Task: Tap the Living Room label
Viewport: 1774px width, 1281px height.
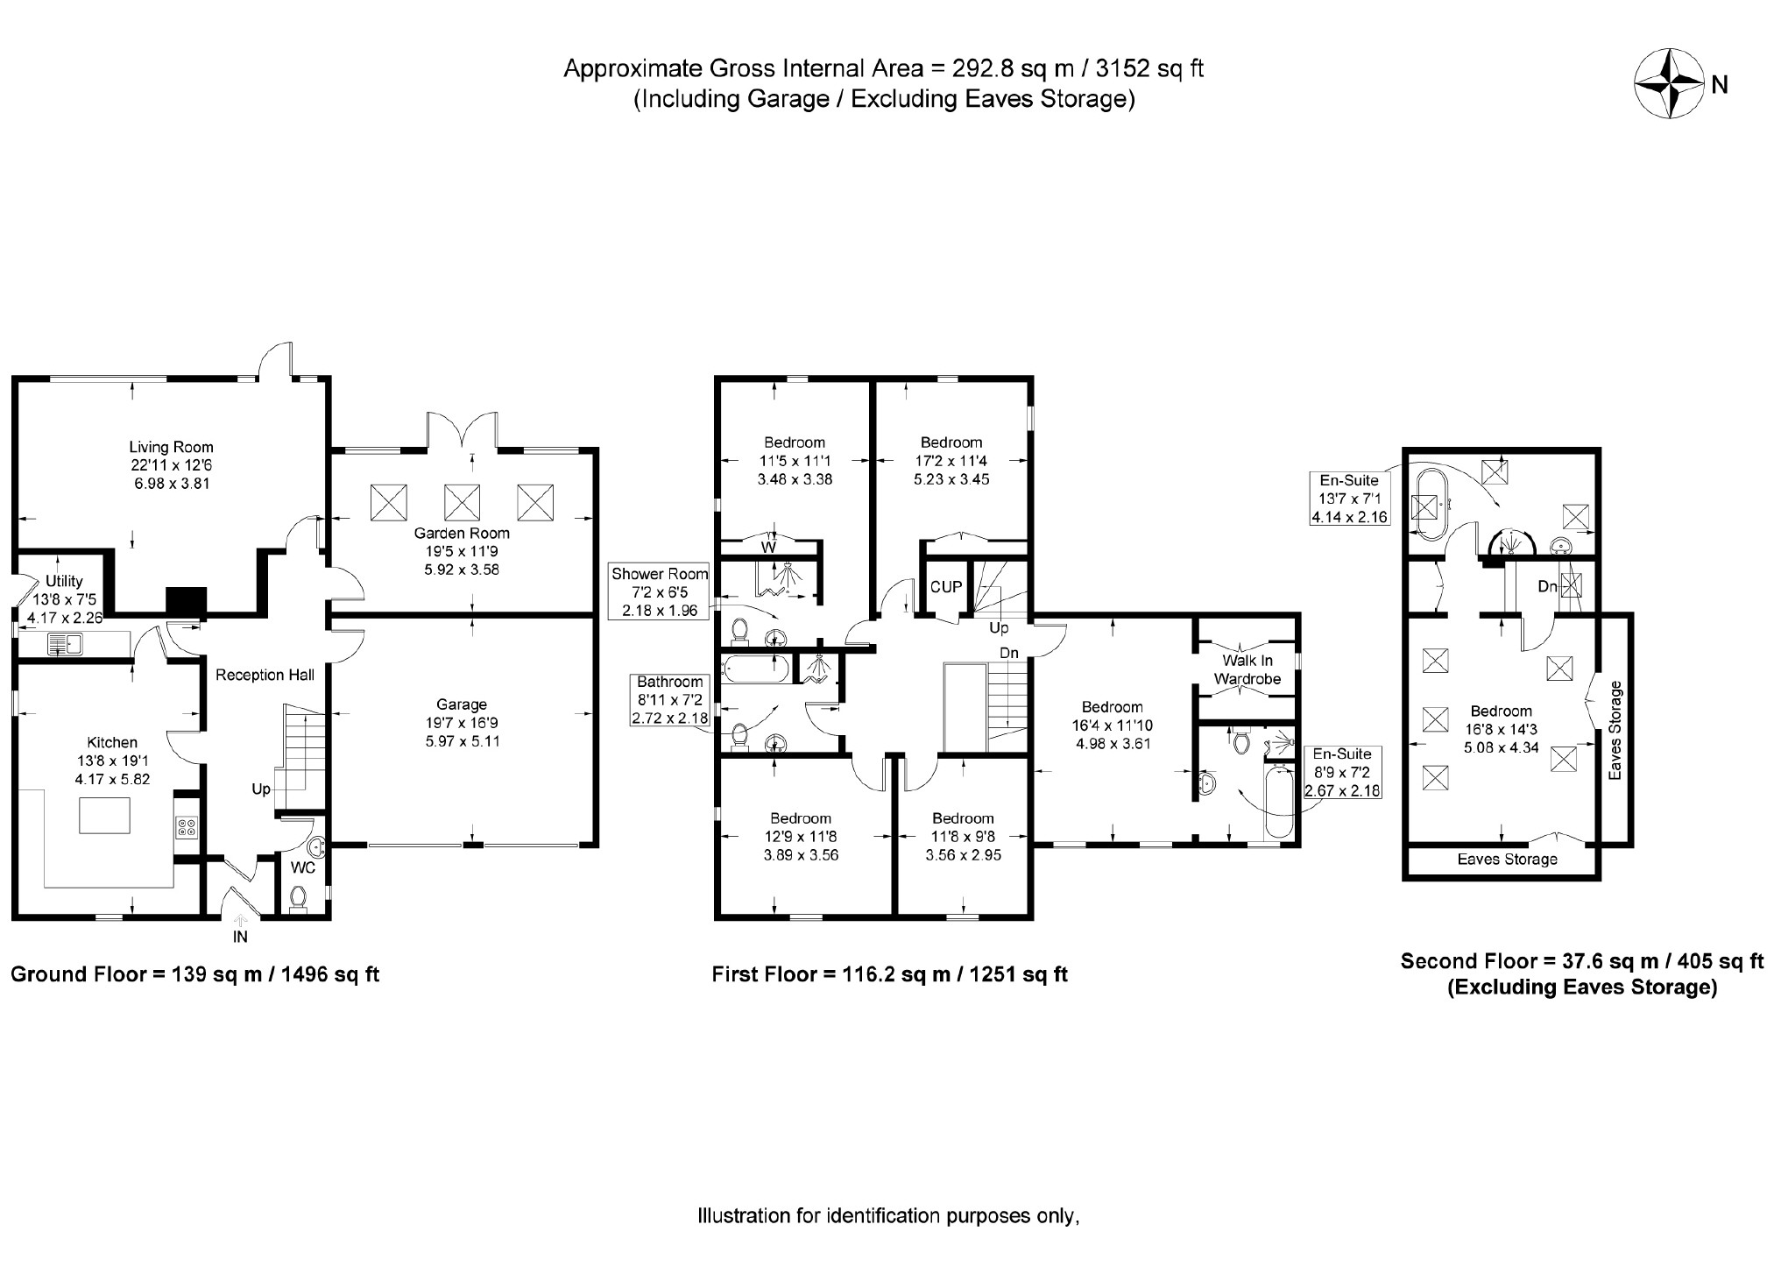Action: (171, 447)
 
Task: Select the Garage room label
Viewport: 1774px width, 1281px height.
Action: (462, 704)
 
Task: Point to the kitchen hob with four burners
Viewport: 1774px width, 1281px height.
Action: (187, 827)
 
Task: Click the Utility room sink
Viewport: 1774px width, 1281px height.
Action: (64, 646)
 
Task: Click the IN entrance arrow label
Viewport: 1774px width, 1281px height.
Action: (240, 937)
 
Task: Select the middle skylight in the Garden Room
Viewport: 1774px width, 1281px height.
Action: (462, 502)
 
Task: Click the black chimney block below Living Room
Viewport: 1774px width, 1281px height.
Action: (186, 600)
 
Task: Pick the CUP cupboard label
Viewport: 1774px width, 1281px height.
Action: (946, 587)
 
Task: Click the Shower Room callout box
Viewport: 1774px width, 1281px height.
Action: (660, 592)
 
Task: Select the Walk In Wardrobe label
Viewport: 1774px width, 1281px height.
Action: (1247, 669)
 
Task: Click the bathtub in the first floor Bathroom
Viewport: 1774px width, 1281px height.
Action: (755, 670)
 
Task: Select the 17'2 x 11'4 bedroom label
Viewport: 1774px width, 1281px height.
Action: (951, 461)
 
